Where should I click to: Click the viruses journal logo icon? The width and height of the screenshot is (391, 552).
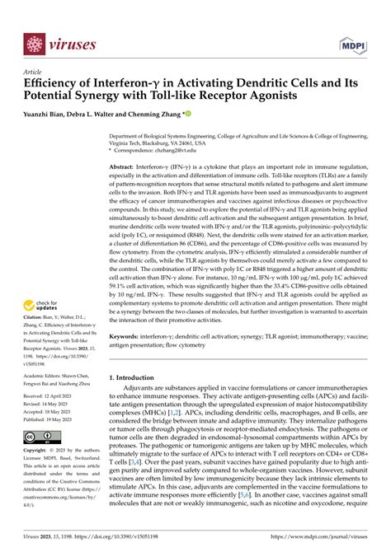click(34, 44)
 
